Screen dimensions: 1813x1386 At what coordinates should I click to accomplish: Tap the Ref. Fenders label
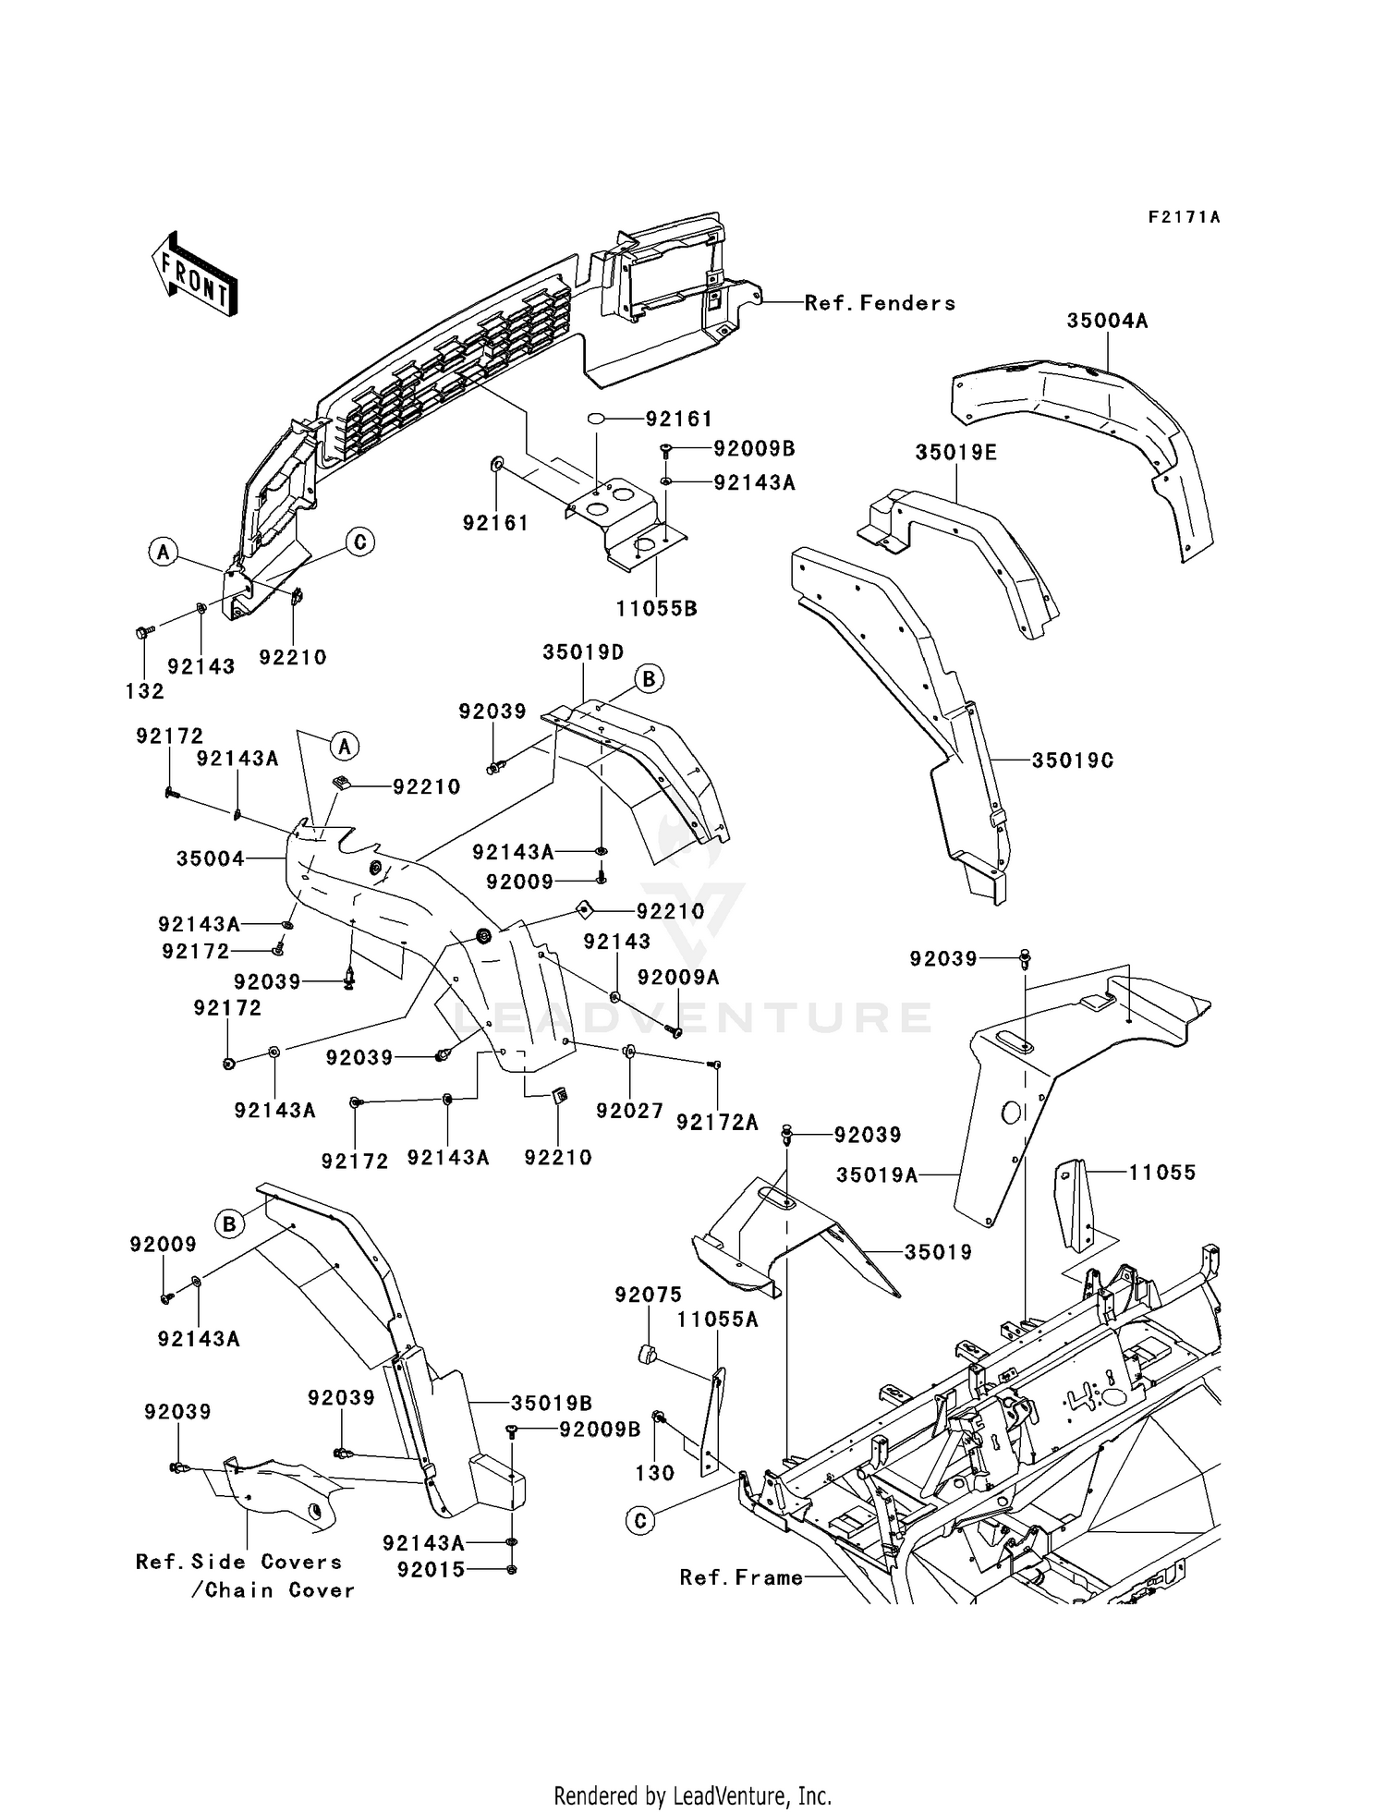pyautogui.click(x=880, y=303)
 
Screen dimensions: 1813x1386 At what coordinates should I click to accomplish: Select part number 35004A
pyautogui.click(x=1107, y=321)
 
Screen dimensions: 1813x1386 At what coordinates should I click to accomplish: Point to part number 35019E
pyautogui.click(x=956, y=453)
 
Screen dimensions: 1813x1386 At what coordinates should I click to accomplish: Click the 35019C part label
pyautogui.click(x=1072, y=760)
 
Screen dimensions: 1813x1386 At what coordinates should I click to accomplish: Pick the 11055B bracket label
pyautogui.click(x=656, y=609)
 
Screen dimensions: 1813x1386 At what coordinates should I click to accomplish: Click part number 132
pyautogui.click(x=145, y=691)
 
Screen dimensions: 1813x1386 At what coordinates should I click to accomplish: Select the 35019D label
pyautogui.click(x=583, y=651)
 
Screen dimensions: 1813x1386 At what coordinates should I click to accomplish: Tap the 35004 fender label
pyautogui.click(x=211, y=859)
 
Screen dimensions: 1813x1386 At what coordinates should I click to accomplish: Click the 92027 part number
pyautogui.click(x=629, y=1112)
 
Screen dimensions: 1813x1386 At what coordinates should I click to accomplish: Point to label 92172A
pyautogui.click(x=717, y=1122)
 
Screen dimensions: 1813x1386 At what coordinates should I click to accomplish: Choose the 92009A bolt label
pyautogui.click(x=678, y=978)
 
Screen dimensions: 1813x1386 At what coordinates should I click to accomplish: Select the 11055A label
pyautogui.click(x=717, y=1320)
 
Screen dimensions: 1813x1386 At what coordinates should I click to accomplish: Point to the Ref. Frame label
pyautogui.click(x=741, y=1577)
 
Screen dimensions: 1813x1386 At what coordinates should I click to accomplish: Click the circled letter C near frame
pyautogui.click(x=640, y=1520)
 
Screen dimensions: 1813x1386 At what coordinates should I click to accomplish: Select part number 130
pyautogui.click(x=655, y=1473)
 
